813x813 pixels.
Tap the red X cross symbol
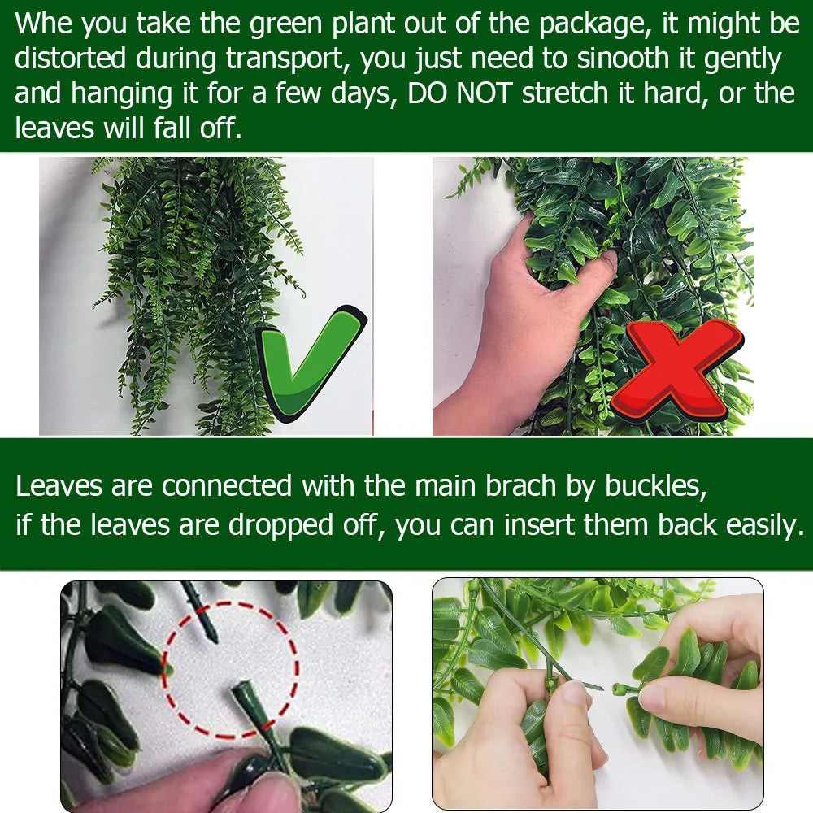point(677,369)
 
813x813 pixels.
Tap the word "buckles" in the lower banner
point(655,486)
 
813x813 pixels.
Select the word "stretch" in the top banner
point(565,93)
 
